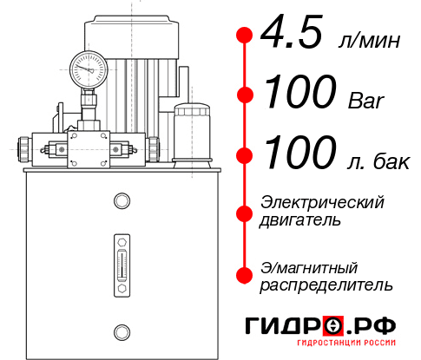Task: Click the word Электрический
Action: click(x=322, y=202)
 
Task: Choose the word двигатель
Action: click(x=300, y=220)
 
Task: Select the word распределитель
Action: click(x=327, y=284)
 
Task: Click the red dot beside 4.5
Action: click(x=245, y=35)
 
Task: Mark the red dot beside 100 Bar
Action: click(x=245, y=95)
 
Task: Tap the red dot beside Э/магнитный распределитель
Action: click(x=245, y=274)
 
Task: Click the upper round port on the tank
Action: click(x=122, y=201)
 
